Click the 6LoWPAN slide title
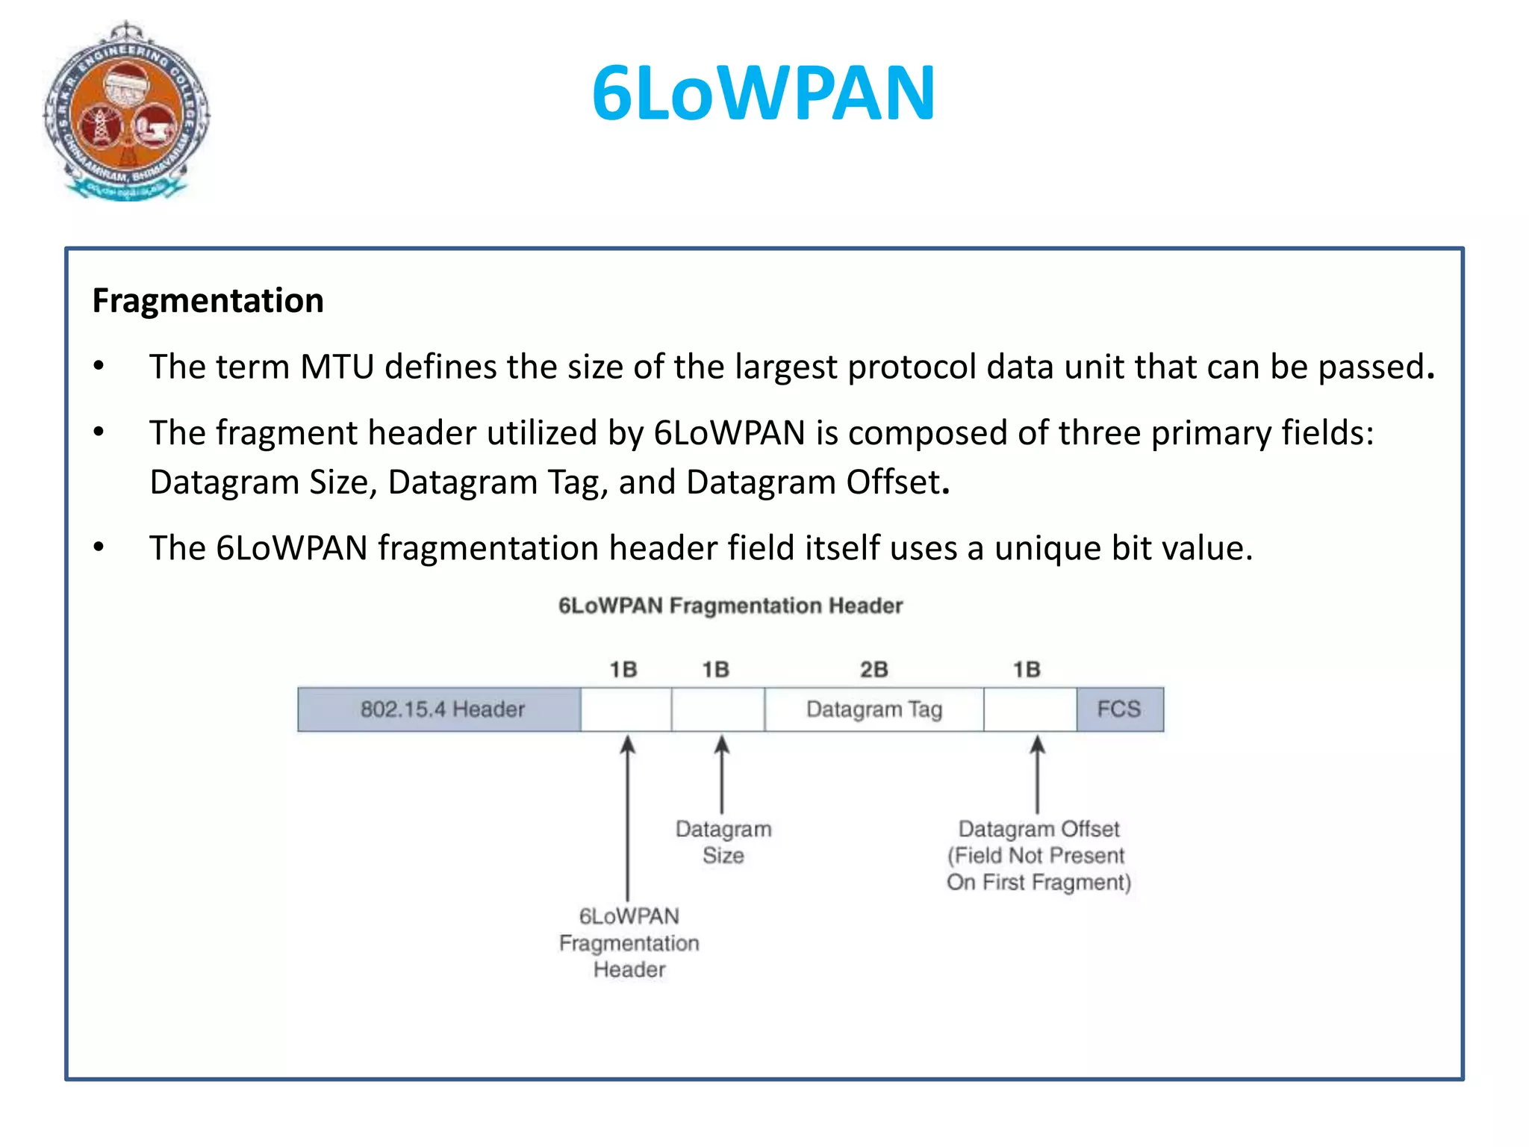[x=763, y=93]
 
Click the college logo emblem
[x=127, y=112]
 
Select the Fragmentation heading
[x=208, y=301]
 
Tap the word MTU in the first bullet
[x=337, y=367]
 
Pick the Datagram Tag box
[x=874, y=709]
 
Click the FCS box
[x=1118, y=709]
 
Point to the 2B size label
[x=874, y=669]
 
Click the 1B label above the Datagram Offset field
[x=1027, y=669]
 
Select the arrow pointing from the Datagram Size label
[x=721, y=774]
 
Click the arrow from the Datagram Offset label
[x=1037, y=774]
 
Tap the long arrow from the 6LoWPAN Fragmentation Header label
[x=628, y=818]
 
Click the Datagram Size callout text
[x=723, y=842]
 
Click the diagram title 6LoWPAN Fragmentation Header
[x=730, y=606]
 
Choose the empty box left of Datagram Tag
[x=717, y=709]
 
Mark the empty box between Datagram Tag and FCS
[x=1030, y=709]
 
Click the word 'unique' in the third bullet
[x=1047, y=549]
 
